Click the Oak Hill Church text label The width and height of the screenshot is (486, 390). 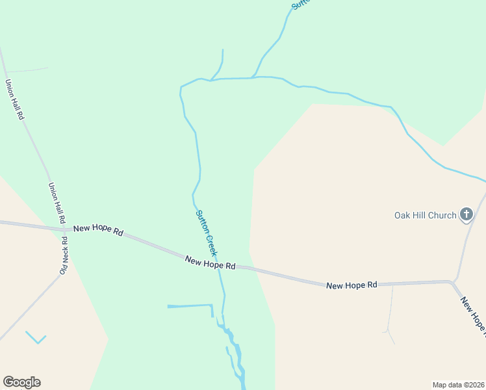tap(426, 215)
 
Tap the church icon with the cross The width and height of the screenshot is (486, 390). tap(467, 214)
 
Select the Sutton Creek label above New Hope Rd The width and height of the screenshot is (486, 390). tap(207, 232)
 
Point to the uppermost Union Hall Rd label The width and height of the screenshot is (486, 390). tap(14, 99)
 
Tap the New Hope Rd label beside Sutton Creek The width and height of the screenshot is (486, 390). tap(210, 262)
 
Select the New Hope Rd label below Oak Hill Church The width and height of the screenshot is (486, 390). tap(352, 285)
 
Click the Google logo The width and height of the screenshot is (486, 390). tap(21, 382)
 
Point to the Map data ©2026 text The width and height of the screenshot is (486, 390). tap(458, 384)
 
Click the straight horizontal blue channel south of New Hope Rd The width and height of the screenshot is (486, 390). tap(190, 305)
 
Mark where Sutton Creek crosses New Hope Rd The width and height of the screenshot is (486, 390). tap(219, 265)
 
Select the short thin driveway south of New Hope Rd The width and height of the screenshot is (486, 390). tap(390, 312)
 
